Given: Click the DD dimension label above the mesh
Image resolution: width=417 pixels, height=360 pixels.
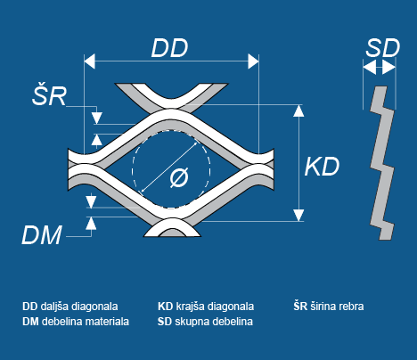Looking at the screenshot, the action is (169, 48).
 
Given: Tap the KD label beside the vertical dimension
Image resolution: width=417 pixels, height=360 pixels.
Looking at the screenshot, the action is (322, 167).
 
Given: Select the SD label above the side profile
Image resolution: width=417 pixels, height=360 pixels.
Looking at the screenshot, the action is (383, 48).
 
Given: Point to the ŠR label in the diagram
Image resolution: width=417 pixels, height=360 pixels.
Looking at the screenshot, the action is (49, 94).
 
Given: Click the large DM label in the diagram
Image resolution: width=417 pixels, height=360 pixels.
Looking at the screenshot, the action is (42, 234).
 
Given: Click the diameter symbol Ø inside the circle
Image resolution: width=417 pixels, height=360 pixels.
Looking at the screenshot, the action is (179, 177).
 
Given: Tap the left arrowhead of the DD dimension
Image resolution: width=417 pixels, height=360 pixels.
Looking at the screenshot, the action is (89, 61).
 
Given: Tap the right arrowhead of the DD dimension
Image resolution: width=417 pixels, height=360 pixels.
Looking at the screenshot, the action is (253, 61).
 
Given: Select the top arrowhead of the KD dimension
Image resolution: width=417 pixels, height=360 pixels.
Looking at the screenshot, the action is (298, 110).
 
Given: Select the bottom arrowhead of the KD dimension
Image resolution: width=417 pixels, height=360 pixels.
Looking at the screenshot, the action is (298, 216).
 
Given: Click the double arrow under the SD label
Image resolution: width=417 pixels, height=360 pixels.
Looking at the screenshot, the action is (380, 68).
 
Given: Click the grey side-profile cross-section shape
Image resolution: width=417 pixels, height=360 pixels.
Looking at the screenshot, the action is (382, 163).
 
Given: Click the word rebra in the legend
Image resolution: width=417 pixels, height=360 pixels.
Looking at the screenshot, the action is (352, 307).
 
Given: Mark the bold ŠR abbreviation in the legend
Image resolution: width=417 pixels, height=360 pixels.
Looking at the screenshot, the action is (300, 306).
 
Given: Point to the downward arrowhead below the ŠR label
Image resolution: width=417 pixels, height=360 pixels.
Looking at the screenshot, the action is (97, 119).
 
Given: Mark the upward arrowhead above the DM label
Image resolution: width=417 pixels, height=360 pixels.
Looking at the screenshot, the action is (91, 223).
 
